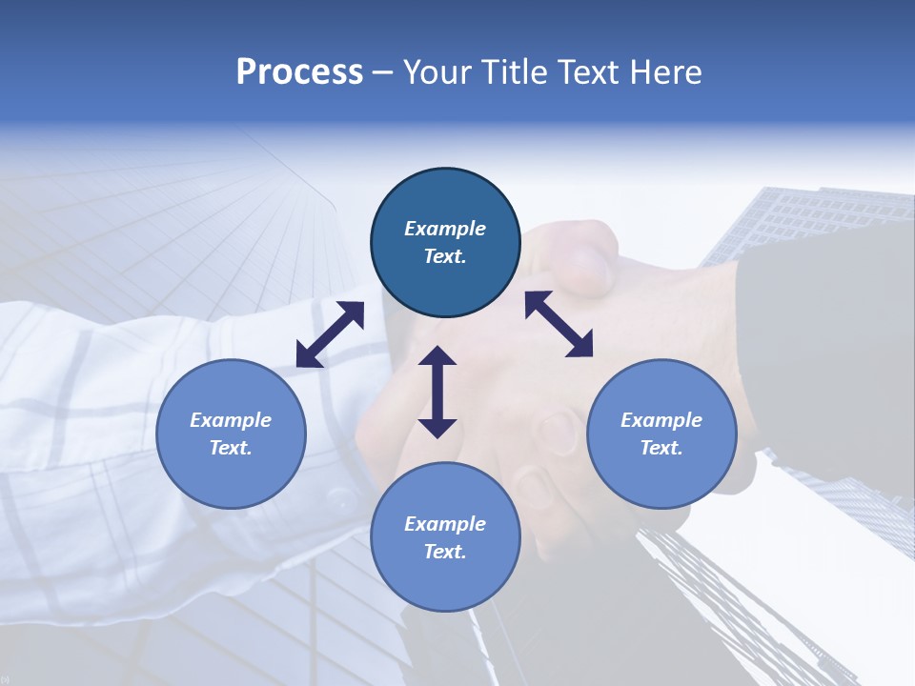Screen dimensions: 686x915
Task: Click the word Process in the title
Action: pyautogui.click(x=299, y=72)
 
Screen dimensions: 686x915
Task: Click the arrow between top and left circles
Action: pyautogui.click(x=330, y=334)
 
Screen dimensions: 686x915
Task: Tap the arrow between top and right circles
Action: pyautogui.click(x=559, y=324)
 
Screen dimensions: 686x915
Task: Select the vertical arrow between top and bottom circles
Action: pyautogui.click(x=437, y=392)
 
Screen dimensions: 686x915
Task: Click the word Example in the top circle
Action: pyautogui.click(x=445, y=229)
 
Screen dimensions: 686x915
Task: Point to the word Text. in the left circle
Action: pyautogui.click(x=231, y=448)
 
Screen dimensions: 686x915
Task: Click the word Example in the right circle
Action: pyautogui.click(x=661, y=420)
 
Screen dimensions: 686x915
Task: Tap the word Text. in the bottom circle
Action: pyautogui.click(x=445, y=552)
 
